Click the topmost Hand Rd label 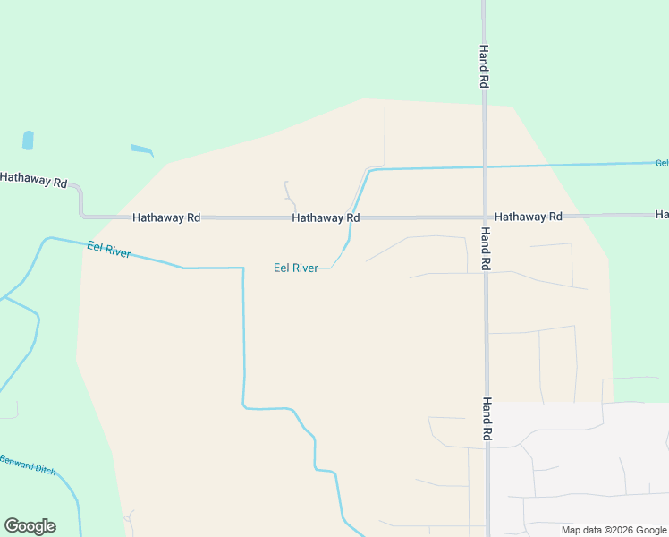pyautogui.click(x=484, y=65)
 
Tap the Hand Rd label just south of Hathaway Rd pyautogui.click(x=484, y=248)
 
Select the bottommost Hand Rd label pyautogui.click(x=487, y=419)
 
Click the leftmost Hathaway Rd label pyautogui.click(x=33, y=179)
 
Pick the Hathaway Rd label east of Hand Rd pyautogui.click(x=528, y=217)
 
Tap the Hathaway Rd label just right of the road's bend pyautogui.click(x=166, y=217)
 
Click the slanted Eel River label pyautogui.click(x=109, y=250)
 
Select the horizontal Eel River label pyautogui.click(x=295, y=268)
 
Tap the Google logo pyautogui.click(x=30, y=526)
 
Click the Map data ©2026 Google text pyautogui.click(x=614, y=530)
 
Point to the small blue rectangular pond pyautogui.click(x=28, y=141)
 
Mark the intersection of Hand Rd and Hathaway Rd pyautogui.click(x=485, y=217)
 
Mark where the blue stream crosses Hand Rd pyautogui.click(x=485, y=166)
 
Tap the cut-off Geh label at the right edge pyautogui.click(x=662, y=163)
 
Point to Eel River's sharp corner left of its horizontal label pyautogui.click(x=243, y=268)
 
